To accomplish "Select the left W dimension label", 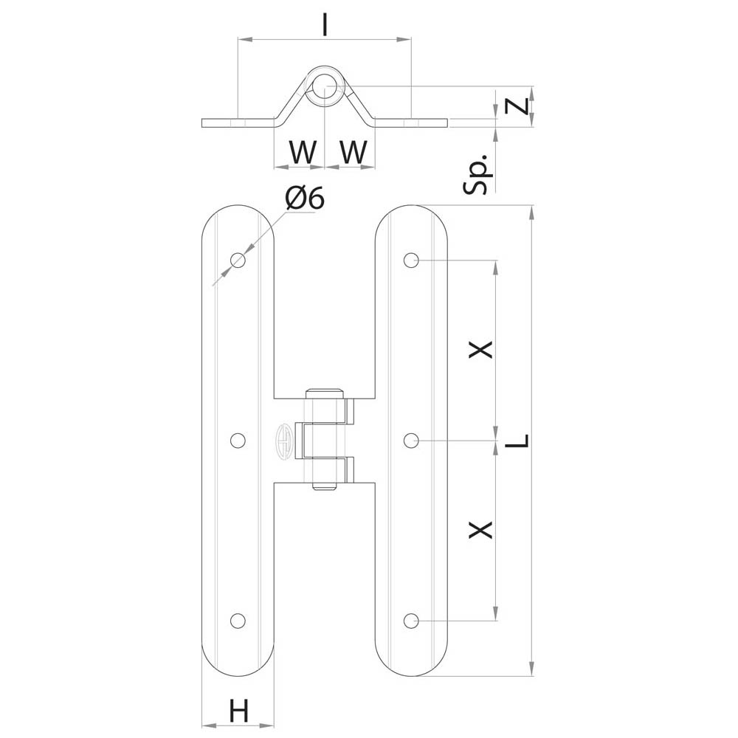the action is pos(302,152).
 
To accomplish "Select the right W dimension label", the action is pos(353,152).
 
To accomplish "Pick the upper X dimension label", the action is pos(480,349).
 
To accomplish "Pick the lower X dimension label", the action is pos(480,529).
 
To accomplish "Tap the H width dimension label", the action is pos(238,711).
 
